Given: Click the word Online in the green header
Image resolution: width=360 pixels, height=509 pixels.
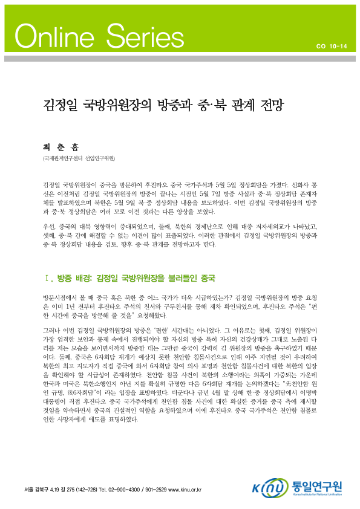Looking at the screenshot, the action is click(x=51, y=37).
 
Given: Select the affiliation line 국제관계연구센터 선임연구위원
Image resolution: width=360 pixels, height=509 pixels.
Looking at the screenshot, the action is click(x=75, y=158).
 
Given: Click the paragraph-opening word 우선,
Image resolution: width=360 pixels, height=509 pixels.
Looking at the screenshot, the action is click(x=50, y=225).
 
